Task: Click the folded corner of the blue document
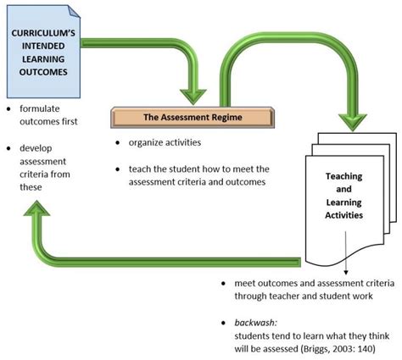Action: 75,13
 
